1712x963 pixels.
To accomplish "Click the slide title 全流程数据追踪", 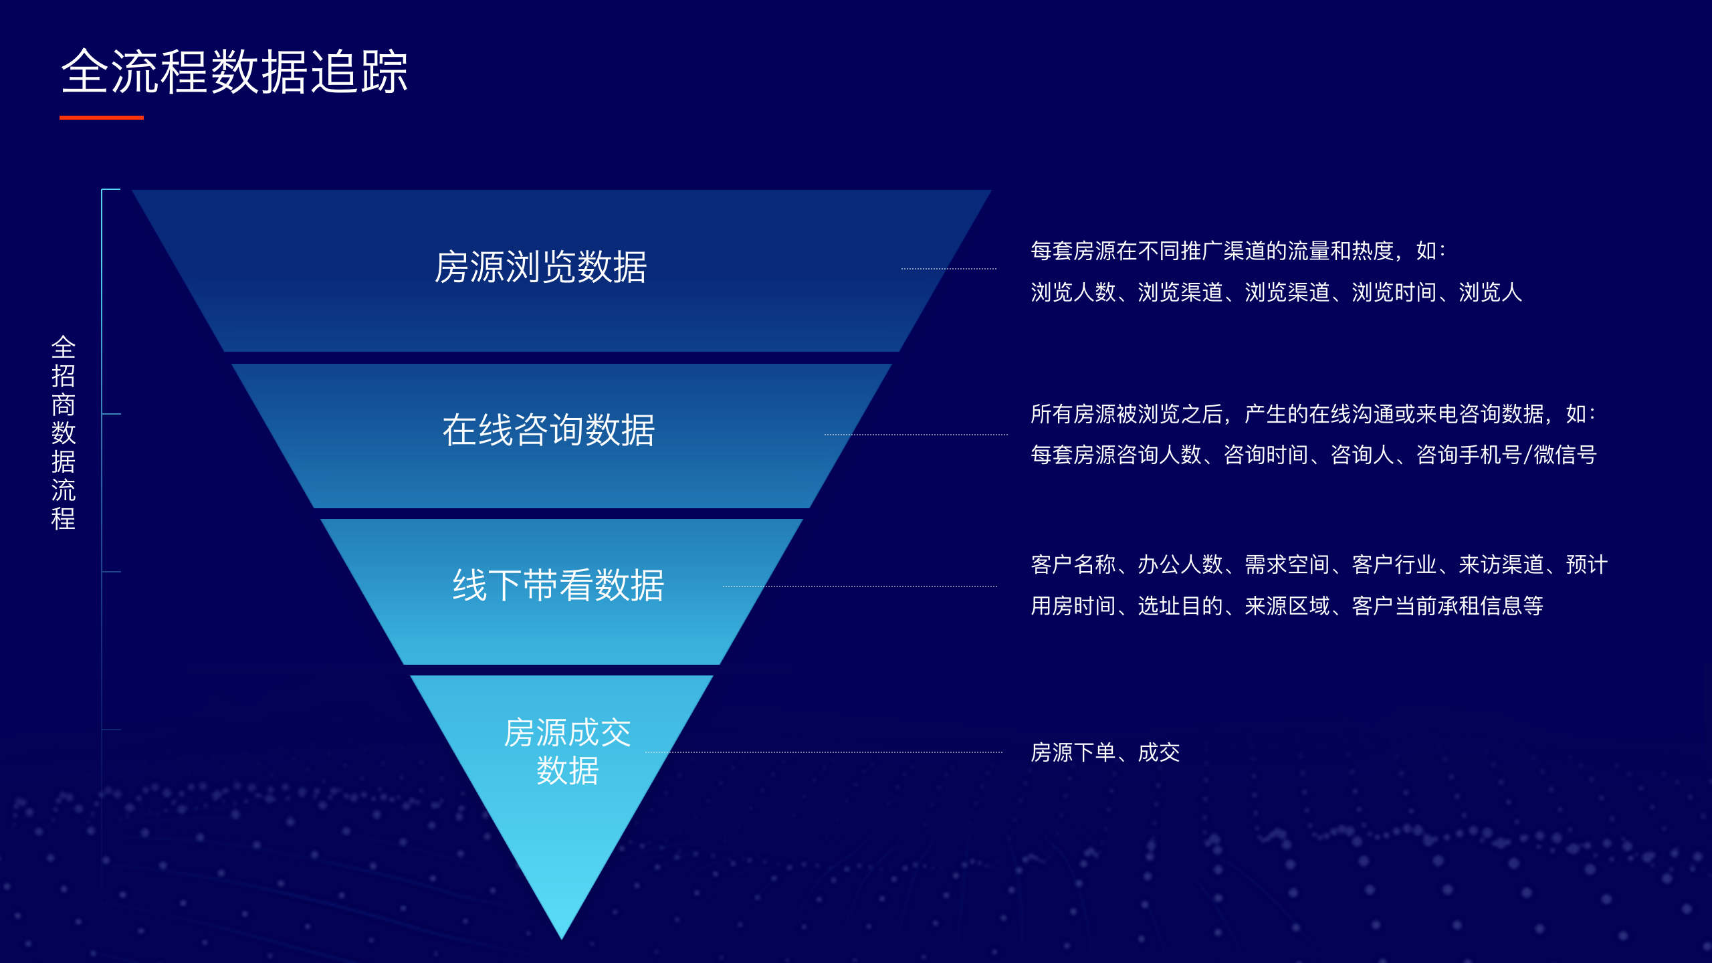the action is (234, 72).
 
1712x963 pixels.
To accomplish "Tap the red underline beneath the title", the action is (102, 118).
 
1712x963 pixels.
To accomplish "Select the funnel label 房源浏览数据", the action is (540, 267).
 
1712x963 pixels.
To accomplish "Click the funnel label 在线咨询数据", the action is (548, 429).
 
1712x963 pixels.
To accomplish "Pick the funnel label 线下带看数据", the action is (558, 585).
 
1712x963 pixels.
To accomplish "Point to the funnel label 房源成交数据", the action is (567, 752).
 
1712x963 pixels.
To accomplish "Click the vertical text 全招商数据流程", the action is (64, 433).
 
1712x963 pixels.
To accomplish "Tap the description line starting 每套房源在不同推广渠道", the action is (1238, 251).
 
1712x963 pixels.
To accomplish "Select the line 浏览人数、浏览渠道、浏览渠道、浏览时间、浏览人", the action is (1276, 292).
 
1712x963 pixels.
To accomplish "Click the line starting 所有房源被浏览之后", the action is (1313, 414).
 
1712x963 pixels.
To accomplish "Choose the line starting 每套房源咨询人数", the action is (1313, 455).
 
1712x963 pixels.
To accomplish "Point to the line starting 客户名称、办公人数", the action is (1319, 564).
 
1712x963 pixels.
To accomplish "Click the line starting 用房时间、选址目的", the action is (1287, 606).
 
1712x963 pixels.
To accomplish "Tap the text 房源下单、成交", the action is (1105, 752).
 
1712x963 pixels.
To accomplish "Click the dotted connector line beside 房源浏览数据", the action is (949, 269).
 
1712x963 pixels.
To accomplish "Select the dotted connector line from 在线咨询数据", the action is (916, 435).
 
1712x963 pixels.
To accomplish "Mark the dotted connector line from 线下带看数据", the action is (860, 586).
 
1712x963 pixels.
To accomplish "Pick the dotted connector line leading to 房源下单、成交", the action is (824, 752).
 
